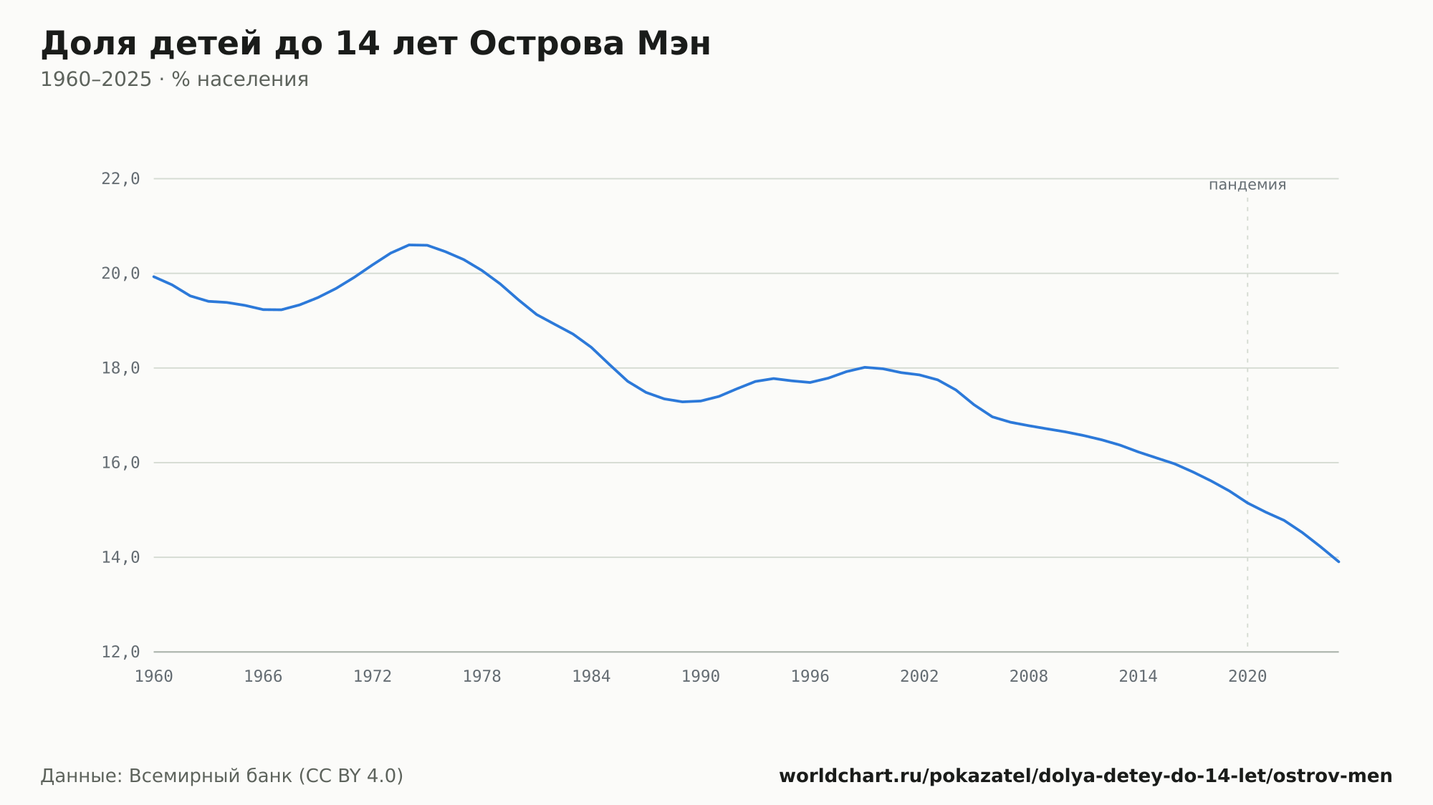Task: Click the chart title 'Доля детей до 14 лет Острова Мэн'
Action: [375, 44]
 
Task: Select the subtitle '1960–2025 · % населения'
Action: [174, 79]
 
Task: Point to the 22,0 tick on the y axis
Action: [120, 179]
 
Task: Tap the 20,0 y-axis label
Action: [120, 274]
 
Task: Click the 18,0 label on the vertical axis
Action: [120, 368]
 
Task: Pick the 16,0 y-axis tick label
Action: [120, 463]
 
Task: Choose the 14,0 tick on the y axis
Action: [120, 557]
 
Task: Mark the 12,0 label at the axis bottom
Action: [120, 652]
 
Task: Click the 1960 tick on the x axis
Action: [154, 677]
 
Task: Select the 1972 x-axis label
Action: [373, 677]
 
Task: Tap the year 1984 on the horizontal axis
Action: [591, 677]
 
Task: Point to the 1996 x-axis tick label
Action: [810, 677]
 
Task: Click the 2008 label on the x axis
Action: [1029, 677]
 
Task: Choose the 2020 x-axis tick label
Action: [1247, 677]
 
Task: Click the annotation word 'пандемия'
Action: [1247, 185]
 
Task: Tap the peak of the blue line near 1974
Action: [410, 245]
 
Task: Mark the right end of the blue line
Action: [1338, 561]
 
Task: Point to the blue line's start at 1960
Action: [154, 276]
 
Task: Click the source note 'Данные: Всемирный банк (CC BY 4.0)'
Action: [222, 776]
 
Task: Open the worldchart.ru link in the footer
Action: [1085, 776]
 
